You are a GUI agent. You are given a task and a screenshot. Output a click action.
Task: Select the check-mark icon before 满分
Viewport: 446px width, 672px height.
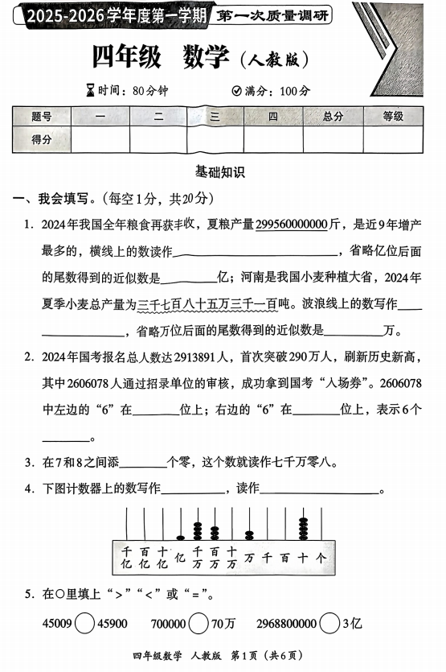tap(236, 90)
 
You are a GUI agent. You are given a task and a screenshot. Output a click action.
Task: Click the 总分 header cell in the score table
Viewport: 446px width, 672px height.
tap(333, 117)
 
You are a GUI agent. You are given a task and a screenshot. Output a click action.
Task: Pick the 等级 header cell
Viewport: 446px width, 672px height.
tap(393, 117)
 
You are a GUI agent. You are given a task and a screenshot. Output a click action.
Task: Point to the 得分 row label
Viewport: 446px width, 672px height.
tap(42, 139)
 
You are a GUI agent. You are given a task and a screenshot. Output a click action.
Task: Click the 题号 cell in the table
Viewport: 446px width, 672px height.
tap(42, 117)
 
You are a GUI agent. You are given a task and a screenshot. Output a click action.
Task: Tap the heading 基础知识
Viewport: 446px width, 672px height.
tap(220, 171)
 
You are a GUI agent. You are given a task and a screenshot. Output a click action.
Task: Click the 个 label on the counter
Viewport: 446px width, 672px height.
tap(321, 556)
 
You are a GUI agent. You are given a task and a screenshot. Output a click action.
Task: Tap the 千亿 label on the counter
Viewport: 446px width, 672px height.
tap(126, 556)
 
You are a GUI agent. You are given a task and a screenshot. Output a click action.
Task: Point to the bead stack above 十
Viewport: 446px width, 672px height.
tap(303, 528)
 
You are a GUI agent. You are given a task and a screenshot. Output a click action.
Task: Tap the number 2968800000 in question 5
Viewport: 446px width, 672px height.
tap(286, 623)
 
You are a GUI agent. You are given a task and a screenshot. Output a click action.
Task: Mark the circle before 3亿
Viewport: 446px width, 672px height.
tap(328, 623)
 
